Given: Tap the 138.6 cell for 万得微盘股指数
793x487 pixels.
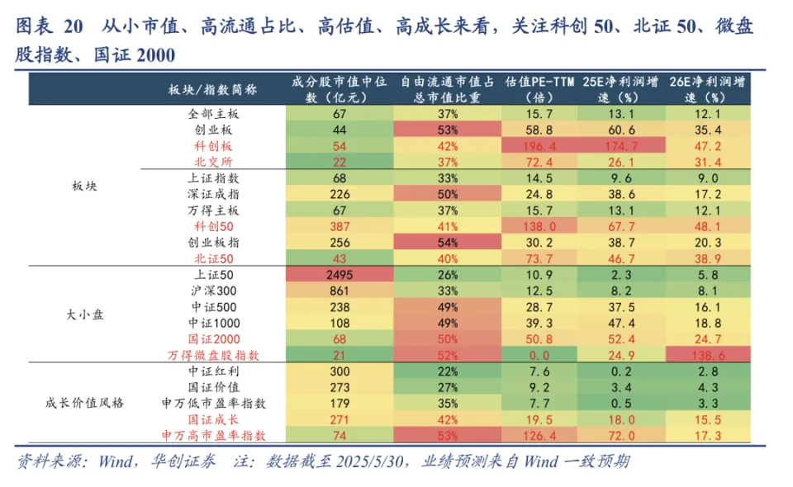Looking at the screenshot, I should pos(707,355).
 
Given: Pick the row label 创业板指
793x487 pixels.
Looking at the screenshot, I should pos(213,243).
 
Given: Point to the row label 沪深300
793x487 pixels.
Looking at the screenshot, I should pos(213,291).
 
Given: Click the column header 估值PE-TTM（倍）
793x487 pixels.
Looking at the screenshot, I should pos(539,89).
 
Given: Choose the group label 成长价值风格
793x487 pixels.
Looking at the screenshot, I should pos(85,403).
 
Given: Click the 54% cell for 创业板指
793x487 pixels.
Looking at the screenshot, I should pos(448,243).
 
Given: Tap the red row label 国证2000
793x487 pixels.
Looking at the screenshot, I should pos(213,338).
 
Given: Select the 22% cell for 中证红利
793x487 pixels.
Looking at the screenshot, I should pos(448,371).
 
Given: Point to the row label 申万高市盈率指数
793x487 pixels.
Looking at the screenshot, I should pos(213,435).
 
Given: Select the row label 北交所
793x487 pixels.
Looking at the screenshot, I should pos(213,162).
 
